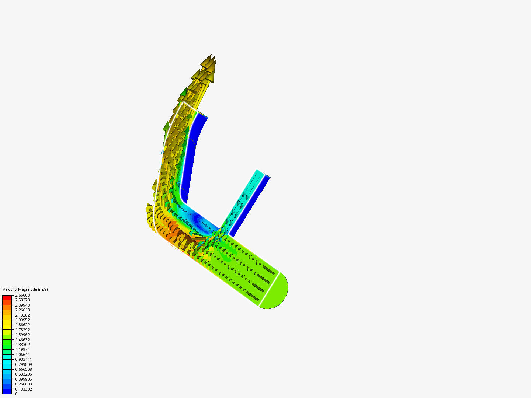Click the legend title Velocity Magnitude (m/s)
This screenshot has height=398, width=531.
pos(25,289)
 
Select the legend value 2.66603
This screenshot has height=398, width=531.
pos(22,295)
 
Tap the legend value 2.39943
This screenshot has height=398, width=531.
pos(22,305)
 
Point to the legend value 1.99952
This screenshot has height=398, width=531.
pos(22,320)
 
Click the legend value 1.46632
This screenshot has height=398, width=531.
pos(22,340)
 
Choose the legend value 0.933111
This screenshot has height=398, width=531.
pos(23,359)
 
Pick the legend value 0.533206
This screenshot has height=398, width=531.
pos(23,374)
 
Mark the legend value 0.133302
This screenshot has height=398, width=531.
pos(23,389)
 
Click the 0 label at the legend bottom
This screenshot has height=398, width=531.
pos(16,394)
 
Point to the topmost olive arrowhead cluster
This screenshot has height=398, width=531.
pos(208,64)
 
